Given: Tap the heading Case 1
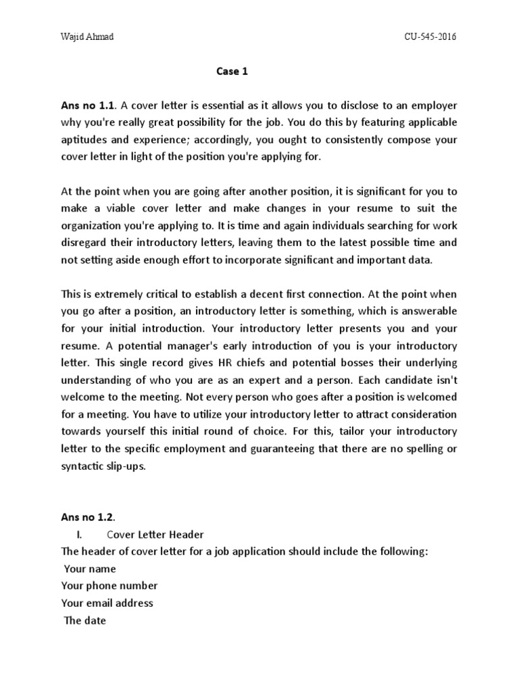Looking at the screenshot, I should [x=232, y=72].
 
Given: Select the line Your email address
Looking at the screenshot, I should [x=107, y=603].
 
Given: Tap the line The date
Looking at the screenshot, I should [x=84, y=621].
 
